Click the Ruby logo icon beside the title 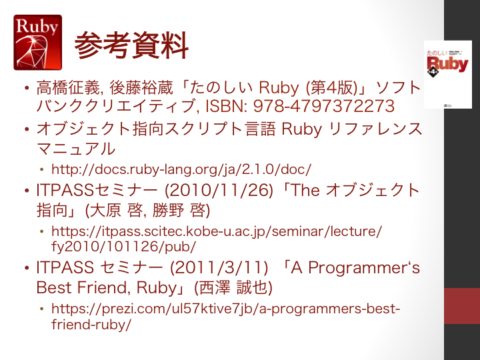click(x=37, y=42)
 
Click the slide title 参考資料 click(x=131, y=45)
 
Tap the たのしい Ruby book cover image click(x=447, y=75)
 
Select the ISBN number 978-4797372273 click(x=324, y=106)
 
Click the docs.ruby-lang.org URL click(x=181, y=169)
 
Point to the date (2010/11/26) click(x=219, y=190)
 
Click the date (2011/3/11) click(x=219, y=267)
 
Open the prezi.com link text click(x=226, y=316)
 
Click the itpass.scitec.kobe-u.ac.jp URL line click(x=217, y=231)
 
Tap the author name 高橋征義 click(x=68, y=87)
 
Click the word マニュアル click(x=76, y=149)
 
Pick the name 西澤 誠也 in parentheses click(x=233, y=287)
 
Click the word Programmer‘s click(x=364, y=268)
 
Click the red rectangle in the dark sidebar click(x=462, y=306)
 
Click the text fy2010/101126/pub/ click(x=124, y=247)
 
